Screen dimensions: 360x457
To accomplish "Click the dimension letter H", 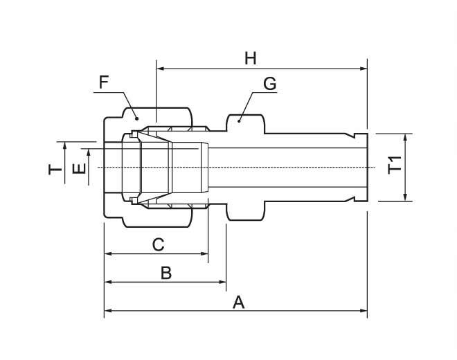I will [x=250, y=58].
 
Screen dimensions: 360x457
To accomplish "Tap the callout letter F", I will [x=104, y=83].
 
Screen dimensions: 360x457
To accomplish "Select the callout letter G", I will [x=269, y=84].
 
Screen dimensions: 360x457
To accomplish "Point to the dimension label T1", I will [x=395, y=166].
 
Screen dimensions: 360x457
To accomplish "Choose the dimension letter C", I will [x=158, y=244].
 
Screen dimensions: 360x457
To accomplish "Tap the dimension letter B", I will [x=165, y=273].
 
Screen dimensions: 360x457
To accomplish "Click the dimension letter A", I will [x=239, y=303].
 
